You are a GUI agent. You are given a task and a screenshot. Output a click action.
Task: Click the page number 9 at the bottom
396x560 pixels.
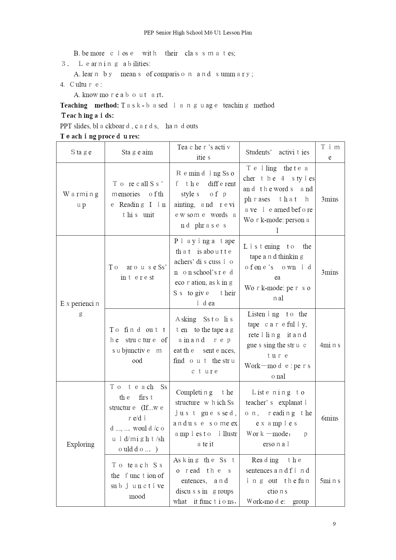tap(334, 524)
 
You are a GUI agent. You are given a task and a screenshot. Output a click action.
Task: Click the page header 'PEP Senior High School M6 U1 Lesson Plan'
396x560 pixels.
tap(198, 33)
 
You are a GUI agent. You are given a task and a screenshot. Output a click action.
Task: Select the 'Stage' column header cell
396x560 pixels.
tap(81, 152)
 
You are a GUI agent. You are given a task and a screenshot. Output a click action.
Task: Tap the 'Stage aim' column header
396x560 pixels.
tap(137, 152)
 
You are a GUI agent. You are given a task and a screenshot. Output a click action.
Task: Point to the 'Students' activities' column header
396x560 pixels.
tap(277, 152)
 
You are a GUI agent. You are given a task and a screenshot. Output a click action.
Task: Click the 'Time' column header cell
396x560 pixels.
tap(330, 152)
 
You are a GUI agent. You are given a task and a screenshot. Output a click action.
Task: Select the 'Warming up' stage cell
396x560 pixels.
tap(81, 199)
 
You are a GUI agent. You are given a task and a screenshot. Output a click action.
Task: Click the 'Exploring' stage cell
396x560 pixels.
tap(80, 444)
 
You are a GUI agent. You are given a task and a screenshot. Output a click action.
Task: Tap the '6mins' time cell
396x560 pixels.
tap(330, 418)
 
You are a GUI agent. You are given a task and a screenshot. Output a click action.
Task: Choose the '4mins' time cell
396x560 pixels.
tap(330, 345)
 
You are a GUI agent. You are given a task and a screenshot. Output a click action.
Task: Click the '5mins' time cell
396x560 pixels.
tap(330, 481)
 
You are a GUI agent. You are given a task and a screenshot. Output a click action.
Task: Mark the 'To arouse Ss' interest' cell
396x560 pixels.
tap(137, 272)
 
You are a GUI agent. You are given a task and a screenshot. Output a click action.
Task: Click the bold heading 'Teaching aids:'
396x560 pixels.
tap(87, 116)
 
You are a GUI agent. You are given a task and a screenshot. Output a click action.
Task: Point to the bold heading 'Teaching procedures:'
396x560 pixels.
tap(100, 136)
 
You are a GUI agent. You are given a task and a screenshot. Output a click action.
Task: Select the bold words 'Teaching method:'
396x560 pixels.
tap(90, 105)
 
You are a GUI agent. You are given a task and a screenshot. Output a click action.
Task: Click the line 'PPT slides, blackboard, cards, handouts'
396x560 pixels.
tap(129, 126)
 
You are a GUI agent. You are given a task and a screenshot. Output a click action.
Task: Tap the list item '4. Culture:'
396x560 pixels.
tap(81, 84)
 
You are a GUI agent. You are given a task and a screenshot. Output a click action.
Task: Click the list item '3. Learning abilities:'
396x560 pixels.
tap(106, 64)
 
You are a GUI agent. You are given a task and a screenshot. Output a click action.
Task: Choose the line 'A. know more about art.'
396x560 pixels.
tap(118, 95)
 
